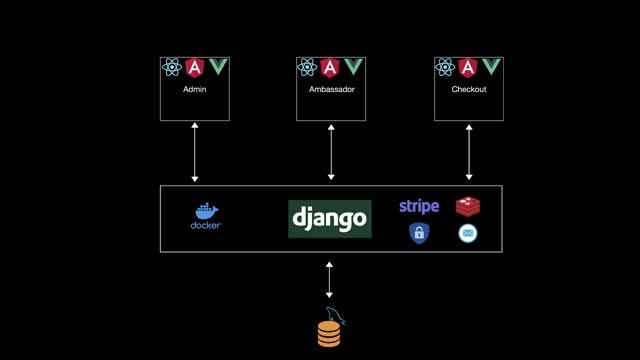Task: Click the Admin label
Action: click(194, 90)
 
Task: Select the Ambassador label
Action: click(332, 90)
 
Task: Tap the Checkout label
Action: click(469, 90)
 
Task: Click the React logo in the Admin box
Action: click(172, 67)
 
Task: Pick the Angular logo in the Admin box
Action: click(195, 67)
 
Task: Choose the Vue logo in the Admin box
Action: click(217, 67)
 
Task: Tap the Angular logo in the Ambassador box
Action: click(332, 67)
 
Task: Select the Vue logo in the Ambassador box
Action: click(354, 67)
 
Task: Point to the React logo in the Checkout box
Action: click(446, 67)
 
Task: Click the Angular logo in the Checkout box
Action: click(469, 67)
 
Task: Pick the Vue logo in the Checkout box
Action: click(491, 67)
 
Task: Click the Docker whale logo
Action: click(205, 217)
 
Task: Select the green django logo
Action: click(329, 218)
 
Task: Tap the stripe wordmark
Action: click(419, 206)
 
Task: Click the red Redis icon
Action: click(468, 206)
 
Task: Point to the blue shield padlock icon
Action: click(419, 234)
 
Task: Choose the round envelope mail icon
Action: click(468, 234)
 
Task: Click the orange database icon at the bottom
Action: click(329, 331)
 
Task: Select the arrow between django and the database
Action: click(329, 280)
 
